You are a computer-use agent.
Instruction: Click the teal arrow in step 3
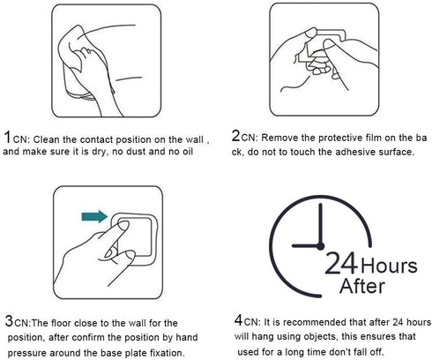coord(94,217)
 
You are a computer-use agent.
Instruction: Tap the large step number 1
coord(7,138)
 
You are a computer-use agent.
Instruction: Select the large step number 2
coord(236,136)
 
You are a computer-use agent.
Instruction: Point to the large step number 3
coord(10,321)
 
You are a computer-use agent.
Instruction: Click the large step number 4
coord(238,319)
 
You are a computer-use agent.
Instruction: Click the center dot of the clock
coord(320,246)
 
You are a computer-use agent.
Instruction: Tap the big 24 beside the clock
coord(341,263)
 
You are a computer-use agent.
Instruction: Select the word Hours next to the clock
coord(389,266)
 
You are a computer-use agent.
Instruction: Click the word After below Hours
coord(362,286)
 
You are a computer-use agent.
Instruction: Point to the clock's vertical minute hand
coord(320,224)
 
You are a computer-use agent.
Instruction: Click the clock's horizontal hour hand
coord(306,245)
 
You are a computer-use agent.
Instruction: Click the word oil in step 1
coord(187,152)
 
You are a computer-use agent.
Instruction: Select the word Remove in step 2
coord(279,138)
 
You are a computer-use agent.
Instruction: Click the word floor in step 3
coord(61,323)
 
